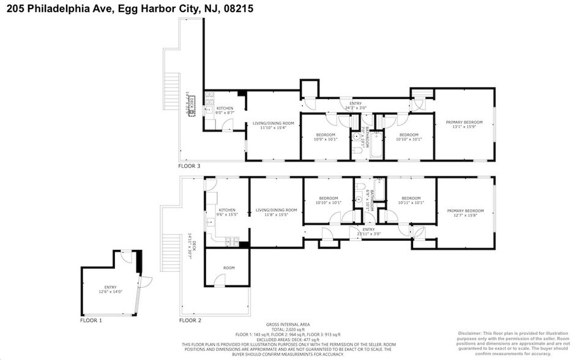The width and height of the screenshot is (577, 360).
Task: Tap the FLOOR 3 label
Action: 189,166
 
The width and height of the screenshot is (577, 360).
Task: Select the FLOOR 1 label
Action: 91,320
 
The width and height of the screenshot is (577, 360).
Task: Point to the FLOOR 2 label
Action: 190,320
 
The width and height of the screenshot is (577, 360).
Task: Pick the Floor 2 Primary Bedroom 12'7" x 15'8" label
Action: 465,212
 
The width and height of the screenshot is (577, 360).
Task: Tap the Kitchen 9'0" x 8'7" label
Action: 225,111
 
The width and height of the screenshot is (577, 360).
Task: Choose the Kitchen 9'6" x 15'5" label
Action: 227,212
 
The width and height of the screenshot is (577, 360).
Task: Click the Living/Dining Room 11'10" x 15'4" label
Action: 274,126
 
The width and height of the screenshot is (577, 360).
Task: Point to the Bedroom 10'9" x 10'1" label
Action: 326,137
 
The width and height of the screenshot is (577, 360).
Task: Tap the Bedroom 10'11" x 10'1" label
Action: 411,200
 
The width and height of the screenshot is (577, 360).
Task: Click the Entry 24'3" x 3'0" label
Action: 356,106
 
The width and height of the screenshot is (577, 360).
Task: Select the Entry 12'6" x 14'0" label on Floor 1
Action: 110,289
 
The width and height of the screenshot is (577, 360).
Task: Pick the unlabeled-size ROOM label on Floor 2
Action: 228,268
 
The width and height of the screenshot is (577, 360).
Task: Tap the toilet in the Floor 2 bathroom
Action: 360,187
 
